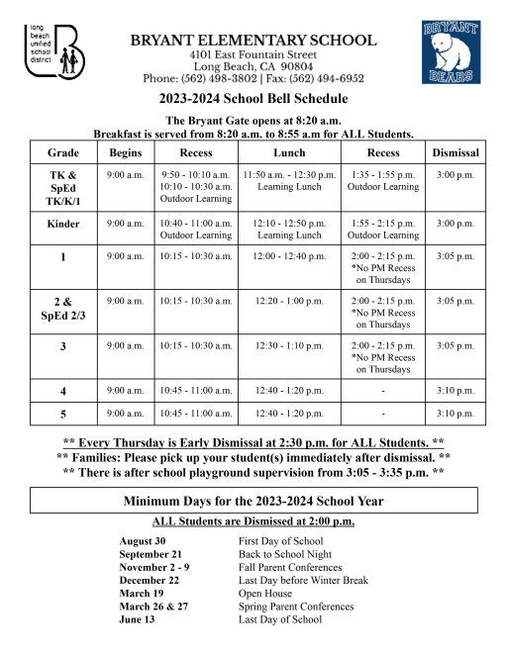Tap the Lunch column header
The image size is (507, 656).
click(x=289, y=153)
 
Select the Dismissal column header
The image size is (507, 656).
click(x=456, y=153)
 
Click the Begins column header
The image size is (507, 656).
click(x=126, y=153)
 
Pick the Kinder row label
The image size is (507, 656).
click(x=63, y=224)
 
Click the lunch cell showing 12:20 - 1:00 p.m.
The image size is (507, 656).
click(x=289, y=300)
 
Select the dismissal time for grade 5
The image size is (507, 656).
click(x=456, y=413)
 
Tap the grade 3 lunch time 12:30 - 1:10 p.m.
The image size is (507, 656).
click(x=289, y=345)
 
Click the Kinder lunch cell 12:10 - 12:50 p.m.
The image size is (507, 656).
click(x=289, y=224)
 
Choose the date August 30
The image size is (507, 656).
click(x=143, y=541)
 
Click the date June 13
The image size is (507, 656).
click(x=138, y=619)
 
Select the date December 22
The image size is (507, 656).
click(x=150, y=581)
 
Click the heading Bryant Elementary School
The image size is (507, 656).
click(x=253, y=41)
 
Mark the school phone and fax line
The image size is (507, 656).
click(x=253, y=77)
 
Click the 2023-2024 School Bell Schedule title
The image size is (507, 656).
click(x=253, y=99)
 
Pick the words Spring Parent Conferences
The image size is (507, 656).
click(x=296, y=607)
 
